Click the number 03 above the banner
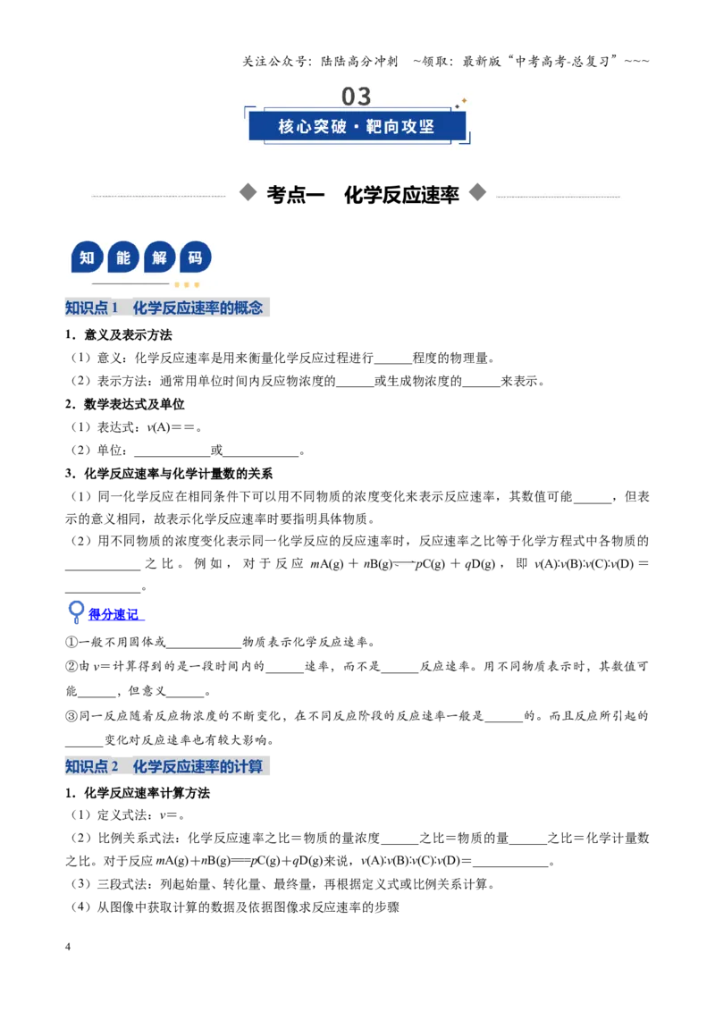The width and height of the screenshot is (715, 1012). (x=357, y=97)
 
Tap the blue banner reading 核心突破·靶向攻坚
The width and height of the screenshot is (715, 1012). (x=357, y=126)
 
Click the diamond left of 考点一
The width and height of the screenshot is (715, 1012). (x=248, y=192)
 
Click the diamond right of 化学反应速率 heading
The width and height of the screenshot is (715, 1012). (x=477, y=192)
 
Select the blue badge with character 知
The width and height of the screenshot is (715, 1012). (x=87, y=257)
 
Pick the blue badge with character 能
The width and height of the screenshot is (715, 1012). (x=123, y=257)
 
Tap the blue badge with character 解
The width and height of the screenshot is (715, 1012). (x=159, y=257)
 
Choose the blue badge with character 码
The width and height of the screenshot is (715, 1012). (x=196, y=257)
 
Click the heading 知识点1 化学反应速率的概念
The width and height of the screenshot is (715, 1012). (x=166, y=308)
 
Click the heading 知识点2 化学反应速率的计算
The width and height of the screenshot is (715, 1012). (x=166, y=766)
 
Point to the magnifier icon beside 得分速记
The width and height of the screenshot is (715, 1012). (x=76, y=611)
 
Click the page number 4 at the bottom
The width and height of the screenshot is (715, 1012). (x=68, y=946)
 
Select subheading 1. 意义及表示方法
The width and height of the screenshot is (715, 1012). (x=119, y=335)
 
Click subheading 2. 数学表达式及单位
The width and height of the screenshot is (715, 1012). (x=124, y=404)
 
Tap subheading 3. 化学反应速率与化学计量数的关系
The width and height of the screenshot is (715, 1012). (x=168, y=474)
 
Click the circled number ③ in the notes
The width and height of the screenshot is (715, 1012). (x=71, y=716)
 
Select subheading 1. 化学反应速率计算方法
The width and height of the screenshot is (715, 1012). (x=138, y=793)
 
